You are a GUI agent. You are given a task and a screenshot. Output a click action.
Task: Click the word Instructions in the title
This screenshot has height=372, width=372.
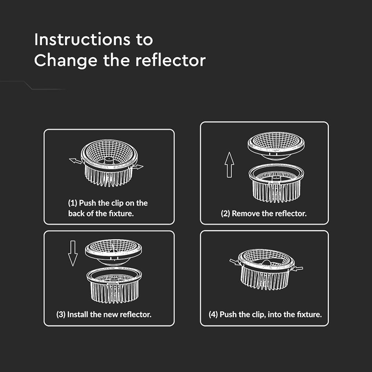pyautogui.click(x=82, y=39)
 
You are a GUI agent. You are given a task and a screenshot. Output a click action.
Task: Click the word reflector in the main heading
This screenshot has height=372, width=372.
pyautogui.click(x=170, y=60)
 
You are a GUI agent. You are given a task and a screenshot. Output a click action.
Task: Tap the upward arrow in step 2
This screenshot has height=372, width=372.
pyautogui.click(x=229, y=165)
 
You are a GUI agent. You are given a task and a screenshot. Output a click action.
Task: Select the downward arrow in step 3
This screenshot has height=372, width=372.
pyautogui.click(x=73, y=253)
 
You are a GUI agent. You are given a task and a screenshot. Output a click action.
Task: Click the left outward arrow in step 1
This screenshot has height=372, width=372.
pyautogui.click(x=75, y=161)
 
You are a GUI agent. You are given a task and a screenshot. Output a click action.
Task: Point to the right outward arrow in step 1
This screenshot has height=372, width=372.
pyautogui.click(x=138, y=167)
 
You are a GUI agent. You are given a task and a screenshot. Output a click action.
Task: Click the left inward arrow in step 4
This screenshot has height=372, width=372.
pyautogui.click(x=235, y=262)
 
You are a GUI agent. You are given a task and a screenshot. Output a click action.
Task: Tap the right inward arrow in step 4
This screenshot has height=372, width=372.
pyautogui.click(x=297, y=269)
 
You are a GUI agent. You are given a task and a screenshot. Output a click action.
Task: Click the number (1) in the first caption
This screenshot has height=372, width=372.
pyautogui.click(x=73, y=203)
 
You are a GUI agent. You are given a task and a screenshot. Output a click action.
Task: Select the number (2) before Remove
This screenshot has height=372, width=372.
pyautogui.click(x=226, y=213)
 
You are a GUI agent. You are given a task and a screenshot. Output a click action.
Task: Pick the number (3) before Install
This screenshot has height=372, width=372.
pyautogui.click(x=61, y=314)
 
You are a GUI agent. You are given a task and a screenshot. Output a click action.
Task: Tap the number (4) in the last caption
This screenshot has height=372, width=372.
pyautogui.click(x=213, y=314)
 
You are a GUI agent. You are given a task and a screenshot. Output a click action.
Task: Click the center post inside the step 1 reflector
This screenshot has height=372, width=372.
pyautogui.click(x=109, y=160)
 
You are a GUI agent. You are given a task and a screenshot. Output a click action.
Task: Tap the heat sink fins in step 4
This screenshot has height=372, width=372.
pyautogui.click(x=265, y=278)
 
